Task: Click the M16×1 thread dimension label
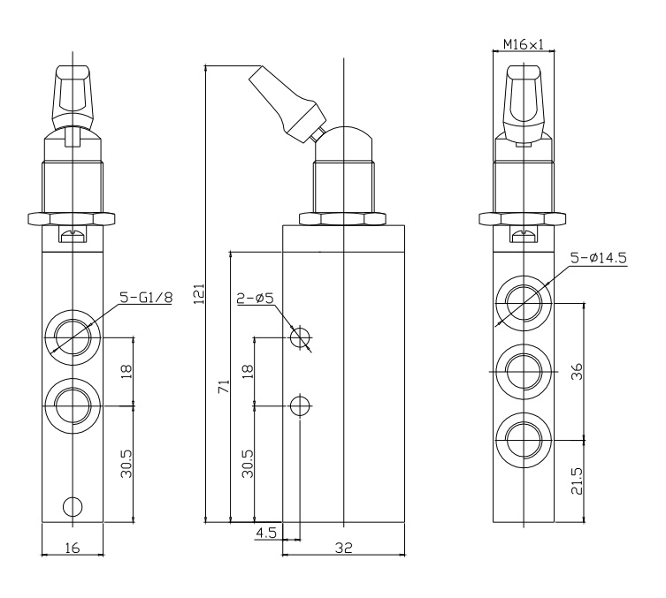tap(522, 43)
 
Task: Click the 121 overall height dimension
tap(199, 293)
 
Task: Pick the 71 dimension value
tap(224, 385)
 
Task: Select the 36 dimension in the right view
tap(577, 371)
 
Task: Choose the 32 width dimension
tap(344, 548)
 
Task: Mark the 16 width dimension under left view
tap(73, 548)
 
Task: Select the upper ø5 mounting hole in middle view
tap(301, 337)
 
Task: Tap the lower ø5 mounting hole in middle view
tap(301, 405)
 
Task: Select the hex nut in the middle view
tap(344, 216)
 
